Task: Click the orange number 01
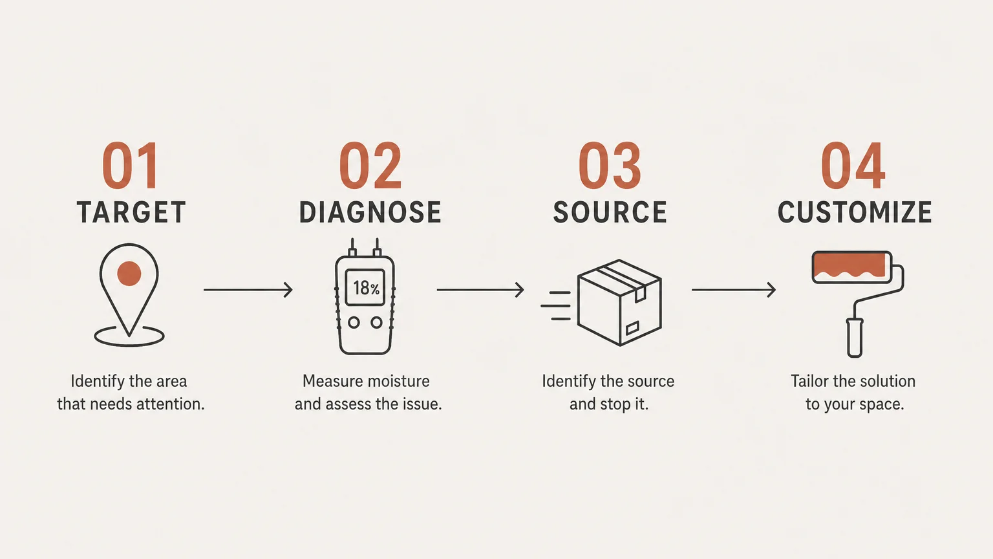pyautogui.click(x=130, y=166)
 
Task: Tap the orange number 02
pyautogui.click(x=370, y=166)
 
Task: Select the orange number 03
pyautogui.click(x=610, y=166)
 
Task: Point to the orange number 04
pyautogui.click(x=853, y=166)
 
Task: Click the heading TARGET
pyautogui.click(x=131, y=212)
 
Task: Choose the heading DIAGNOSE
pyautogui.click(x=370, y=212)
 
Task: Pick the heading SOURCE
pyautogui.click(x=610, y=212)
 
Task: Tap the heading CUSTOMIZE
pyautogui.click(x=855, y=212)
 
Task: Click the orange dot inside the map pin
pyautogui.click(x=129, y=273)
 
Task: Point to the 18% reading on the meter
pyautogui.click(x=366, y=288)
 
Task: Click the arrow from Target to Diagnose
pyautogui.click(x=248, y=290)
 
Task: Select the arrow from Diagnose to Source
pyautogui.click(x=480, y=290)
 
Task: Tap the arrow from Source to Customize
pyautogui.click(x=734, y=290)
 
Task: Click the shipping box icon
pyautogui.click(x=619, y=303)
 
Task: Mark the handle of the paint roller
pyautogui.click(x=854, y=338)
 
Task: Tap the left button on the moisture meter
pyautogui.click(x=354, y=323)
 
